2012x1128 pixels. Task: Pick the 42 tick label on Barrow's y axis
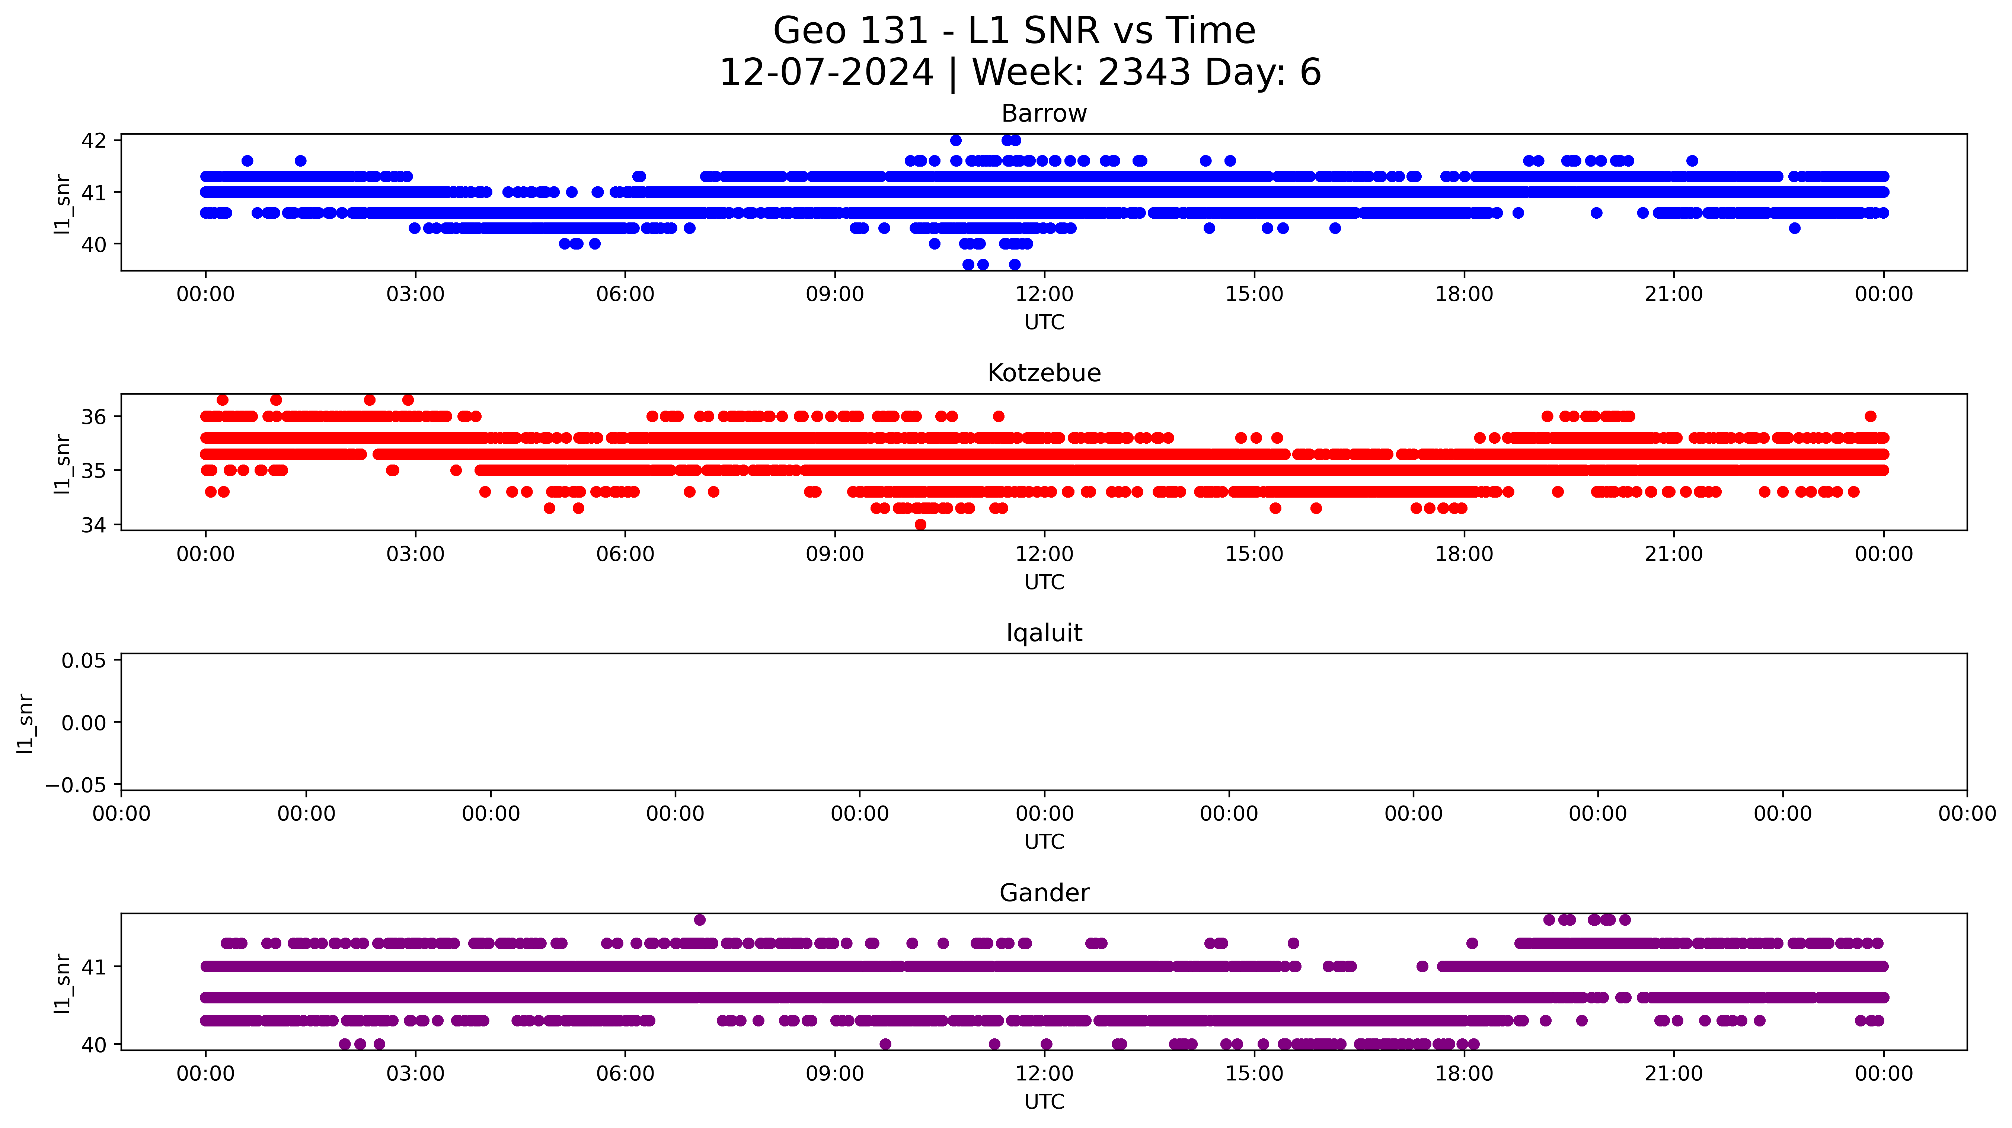(x=94, y=141)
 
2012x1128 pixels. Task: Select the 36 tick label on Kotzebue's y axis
(x=94, y=417)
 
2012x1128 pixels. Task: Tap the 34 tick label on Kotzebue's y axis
(x=94, y=525)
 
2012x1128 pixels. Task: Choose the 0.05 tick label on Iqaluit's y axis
(x=84, y=661)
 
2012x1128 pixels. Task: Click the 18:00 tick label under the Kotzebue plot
(x=1464, y=554)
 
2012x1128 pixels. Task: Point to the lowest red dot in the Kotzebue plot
(x=920, y=525)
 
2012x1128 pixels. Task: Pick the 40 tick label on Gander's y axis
(x=94, y=1044)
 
